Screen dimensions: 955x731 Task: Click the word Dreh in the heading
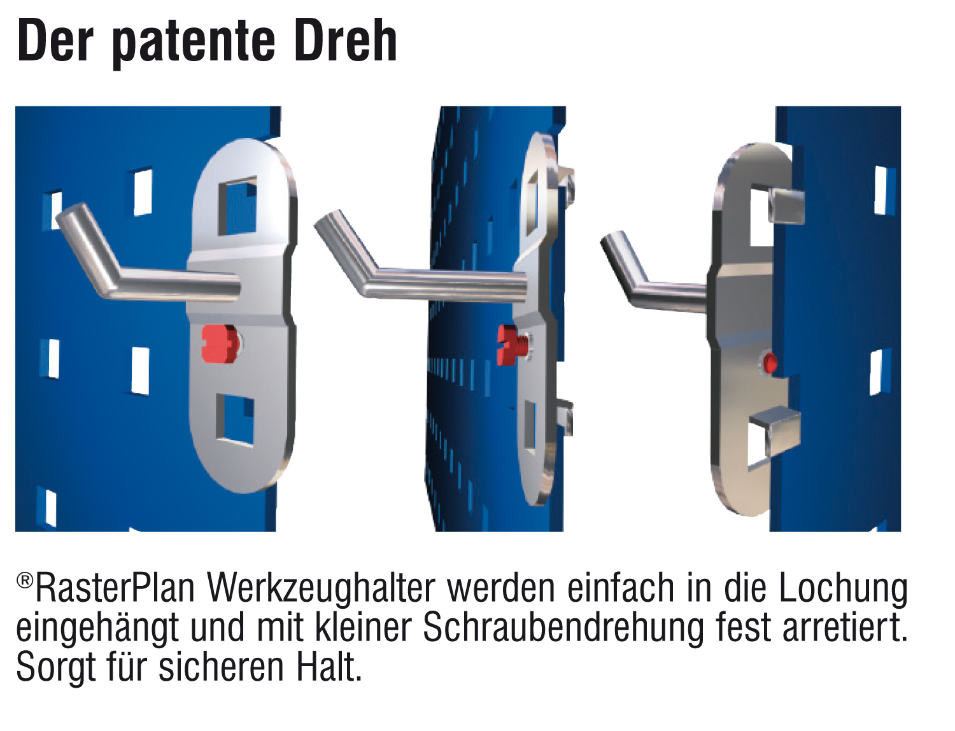[346, 41]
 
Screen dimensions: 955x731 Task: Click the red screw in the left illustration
[220, 344]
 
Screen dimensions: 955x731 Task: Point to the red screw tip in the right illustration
[770, 363]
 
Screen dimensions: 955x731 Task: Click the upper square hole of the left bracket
[237, 206]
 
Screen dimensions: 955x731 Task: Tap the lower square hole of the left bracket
[235, 420]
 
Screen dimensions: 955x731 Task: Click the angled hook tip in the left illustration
[69, 216]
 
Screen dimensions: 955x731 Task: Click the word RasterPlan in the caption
[115, 589]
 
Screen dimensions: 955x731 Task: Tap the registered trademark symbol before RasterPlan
[25, 580]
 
